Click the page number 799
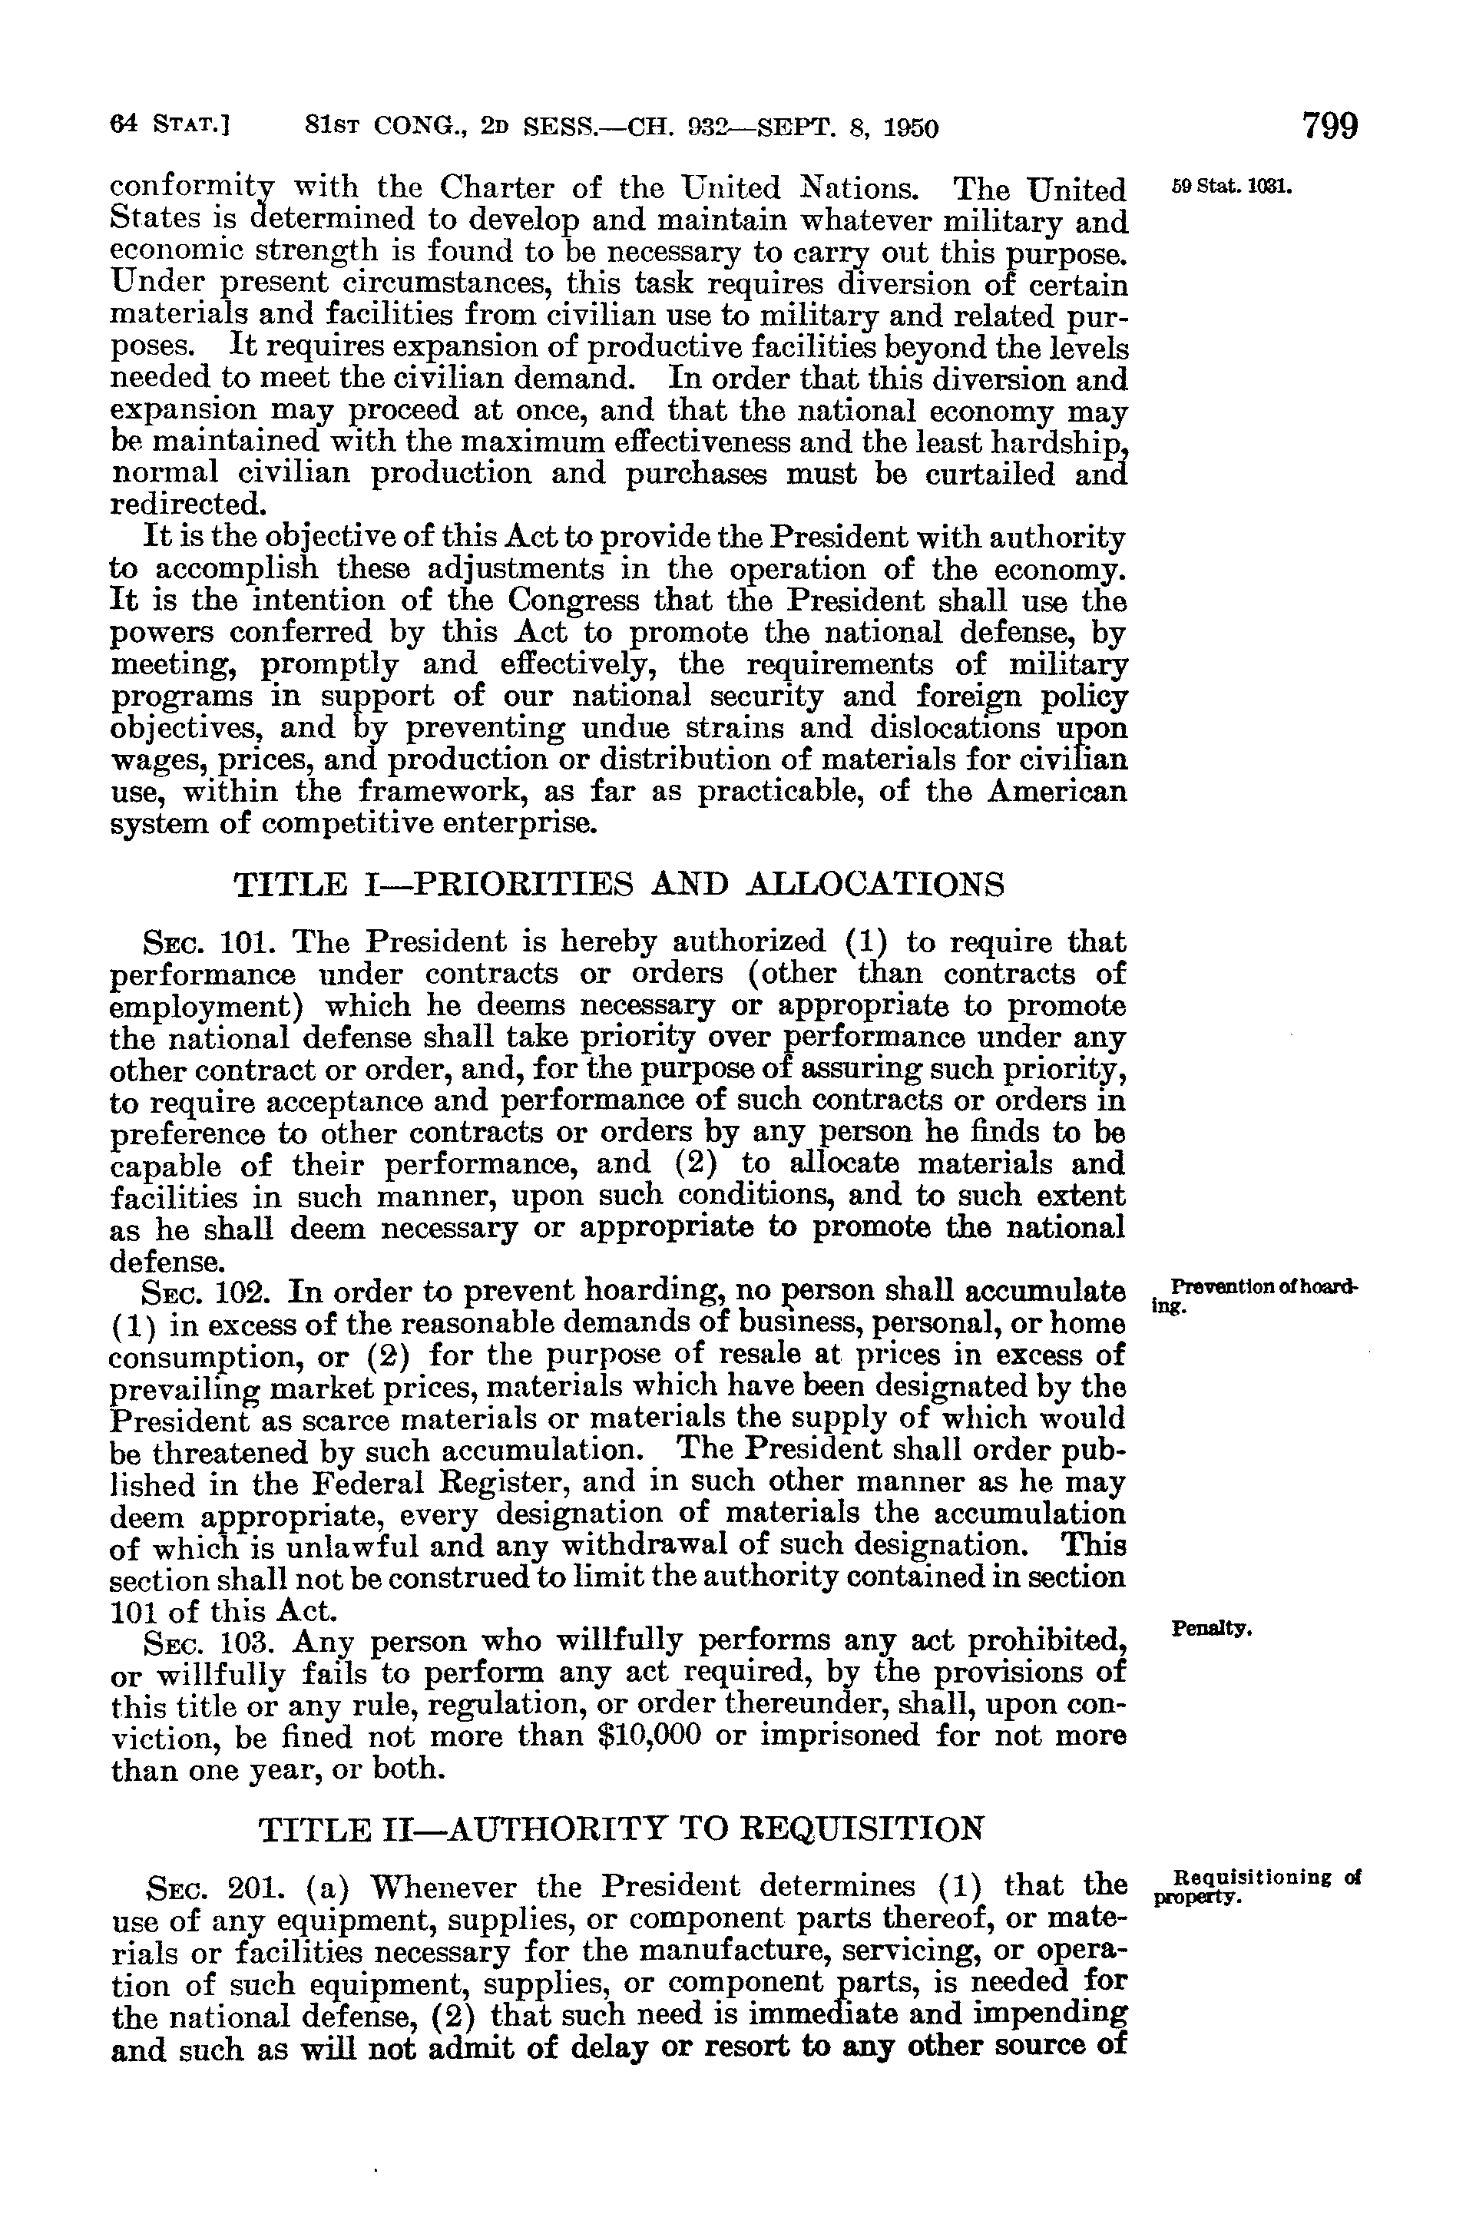point(1329,126)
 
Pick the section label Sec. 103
point(195,1640)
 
